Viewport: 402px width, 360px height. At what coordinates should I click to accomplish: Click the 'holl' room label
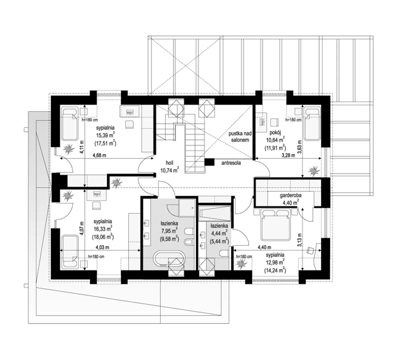click(x=170, y=163)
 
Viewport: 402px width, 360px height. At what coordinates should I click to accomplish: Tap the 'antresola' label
click(x=231, y=163)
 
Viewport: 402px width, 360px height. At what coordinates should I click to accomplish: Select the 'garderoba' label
click(x=291, y=195)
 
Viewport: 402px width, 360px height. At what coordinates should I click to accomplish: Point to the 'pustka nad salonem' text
click(x=240, y=137)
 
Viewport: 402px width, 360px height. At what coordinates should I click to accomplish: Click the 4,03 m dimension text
click(x=102, y=247)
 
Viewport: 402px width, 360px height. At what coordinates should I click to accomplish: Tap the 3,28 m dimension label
click(x=288, y=155)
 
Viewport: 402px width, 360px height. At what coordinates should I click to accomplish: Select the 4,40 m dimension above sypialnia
click(x=264, y=247)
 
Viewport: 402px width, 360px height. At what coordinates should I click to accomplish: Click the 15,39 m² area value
click(x=105, y=135)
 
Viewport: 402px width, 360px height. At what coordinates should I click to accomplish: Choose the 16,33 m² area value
click(x=103, y=229)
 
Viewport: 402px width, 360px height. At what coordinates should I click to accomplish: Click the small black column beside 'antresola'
click(x=209, y=162)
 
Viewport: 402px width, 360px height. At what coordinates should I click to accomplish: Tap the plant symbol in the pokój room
click(x=314, y=170)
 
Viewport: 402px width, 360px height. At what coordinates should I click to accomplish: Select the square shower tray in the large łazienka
click(x=187, y=208)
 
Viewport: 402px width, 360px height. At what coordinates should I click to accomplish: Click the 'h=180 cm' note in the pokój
click(x=293, y=120)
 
